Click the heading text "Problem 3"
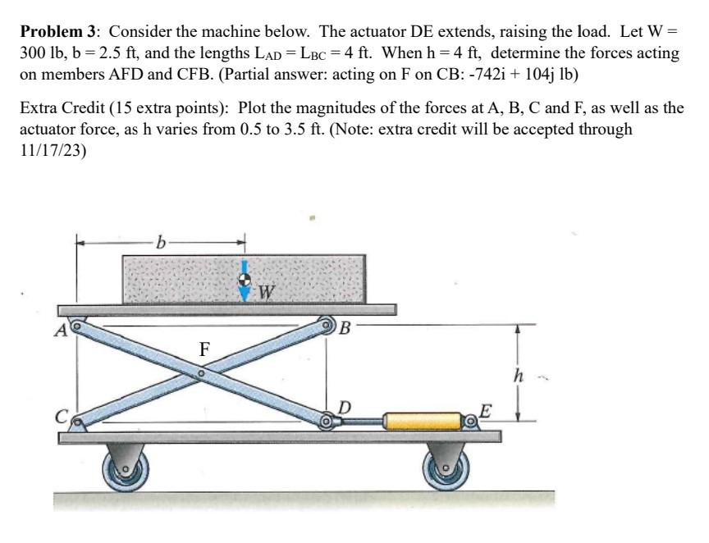59,32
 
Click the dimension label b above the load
162,242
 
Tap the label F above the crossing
205,349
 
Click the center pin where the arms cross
201,374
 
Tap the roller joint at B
327,325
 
